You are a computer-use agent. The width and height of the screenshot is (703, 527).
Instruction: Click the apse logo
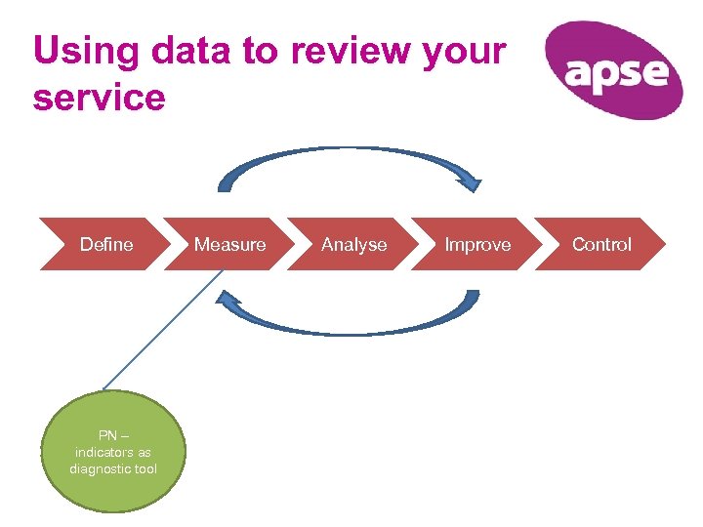coord(613,70)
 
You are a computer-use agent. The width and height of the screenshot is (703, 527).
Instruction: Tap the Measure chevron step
coord(229,244)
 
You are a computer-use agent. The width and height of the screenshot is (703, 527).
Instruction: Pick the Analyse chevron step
coord(353,244)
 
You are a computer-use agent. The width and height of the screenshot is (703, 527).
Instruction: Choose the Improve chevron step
coord(477,244)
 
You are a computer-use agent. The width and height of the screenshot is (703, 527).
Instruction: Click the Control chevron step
coord(601,244)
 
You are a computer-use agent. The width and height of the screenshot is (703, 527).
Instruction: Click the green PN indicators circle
coord(113,452)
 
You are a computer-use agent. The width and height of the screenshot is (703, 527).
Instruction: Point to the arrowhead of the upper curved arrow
coord(473,182)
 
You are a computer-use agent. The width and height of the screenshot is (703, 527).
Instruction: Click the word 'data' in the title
coord(191,51)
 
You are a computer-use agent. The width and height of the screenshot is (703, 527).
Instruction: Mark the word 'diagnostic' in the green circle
coord(99,469)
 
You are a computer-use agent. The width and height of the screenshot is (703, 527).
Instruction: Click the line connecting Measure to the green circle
coord(161,331)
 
